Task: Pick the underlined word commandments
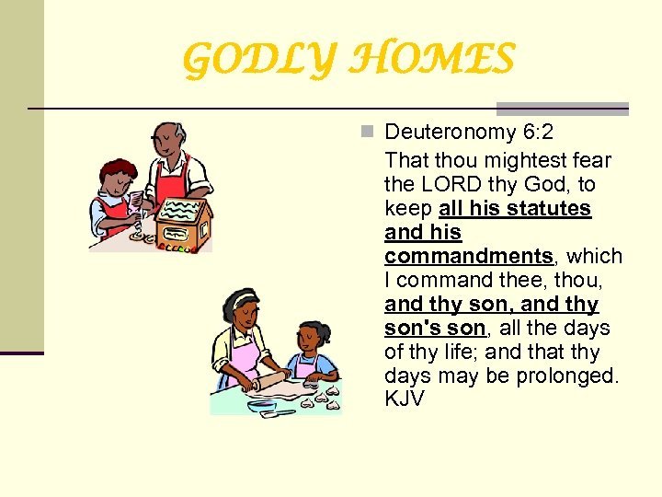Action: [x=469, y=256]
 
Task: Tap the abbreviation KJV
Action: [x=405, y=399]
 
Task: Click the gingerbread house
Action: [x=183, y=221]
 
